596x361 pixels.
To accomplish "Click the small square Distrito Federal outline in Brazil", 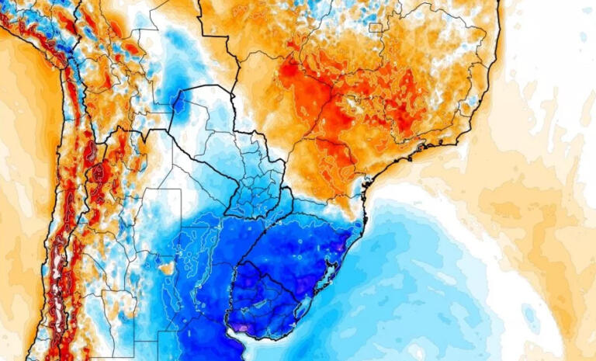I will coord(376,28).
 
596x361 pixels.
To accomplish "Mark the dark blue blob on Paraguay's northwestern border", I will coord(180,102).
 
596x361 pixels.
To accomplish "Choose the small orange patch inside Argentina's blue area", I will coord(165,269).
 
